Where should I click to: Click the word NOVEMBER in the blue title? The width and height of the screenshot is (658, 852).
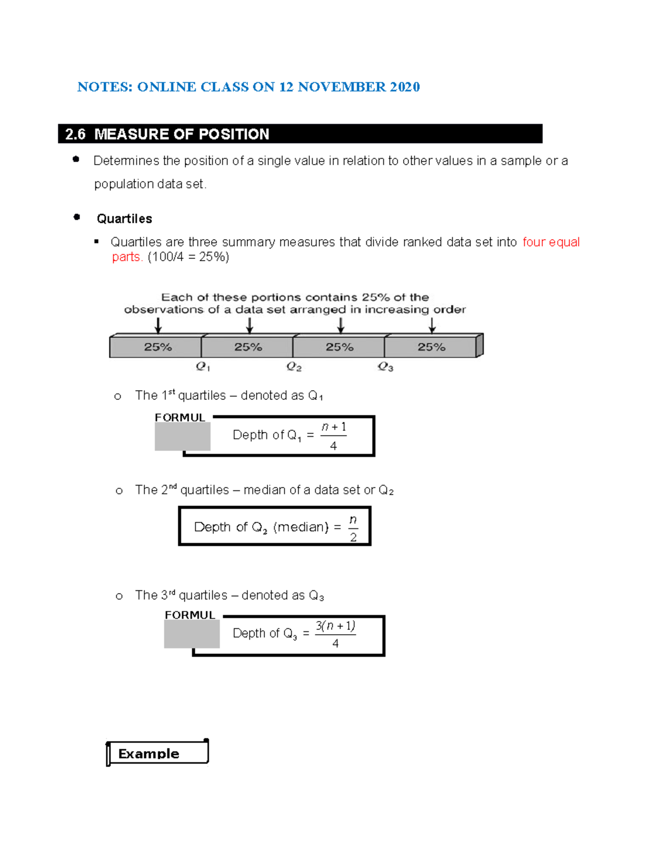click(x=342, y=87)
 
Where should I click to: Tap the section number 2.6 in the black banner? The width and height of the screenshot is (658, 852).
click(x=75, y=134)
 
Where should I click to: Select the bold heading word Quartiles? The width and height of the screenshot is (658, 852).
click(x=124, y=219)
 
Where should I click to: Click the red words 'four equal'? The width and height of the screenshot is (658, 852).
click(x=551, y=242)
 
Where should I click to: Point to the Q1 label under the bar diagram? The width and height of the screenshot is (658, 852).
click(x=203, y=366)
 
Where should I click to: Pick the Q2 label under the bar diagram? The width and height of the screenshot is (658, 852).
click(x=294, y=366)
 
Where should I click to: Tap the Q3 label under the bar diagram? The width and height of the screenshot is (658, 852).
click(x=385, y=366)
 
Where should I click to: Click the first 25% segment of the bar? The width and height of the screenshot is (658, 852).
click(x=157, y=347)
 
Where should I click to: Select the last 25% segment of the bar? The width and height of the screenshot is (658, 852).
click(x=431, y=347)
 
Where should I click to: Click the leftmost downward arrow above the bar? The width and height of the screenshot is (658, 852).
click(x=158, y=326)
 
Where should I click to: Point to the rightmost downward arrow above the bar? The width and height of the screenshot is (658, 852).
click(x=432, y=326)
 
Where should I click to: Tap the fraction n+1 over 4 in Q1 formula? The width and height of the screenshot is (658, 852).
click(x=333, y=436)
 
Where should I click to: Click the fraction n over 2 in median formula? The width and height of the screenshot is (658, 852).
click(x=353, y=528)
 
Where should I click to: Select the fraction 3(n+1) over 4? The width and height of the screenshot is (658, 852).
click(x=335, y=634)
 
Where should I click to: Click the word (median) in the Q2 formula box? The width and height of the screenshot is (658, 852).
click(x=300, y=527)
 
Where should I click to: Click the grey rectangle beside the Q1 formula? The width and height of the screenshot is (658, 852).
click(x=182, y=437)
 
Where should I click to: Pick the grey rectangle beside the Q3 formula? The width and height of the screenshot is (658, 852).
click(x=192, y=634)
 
